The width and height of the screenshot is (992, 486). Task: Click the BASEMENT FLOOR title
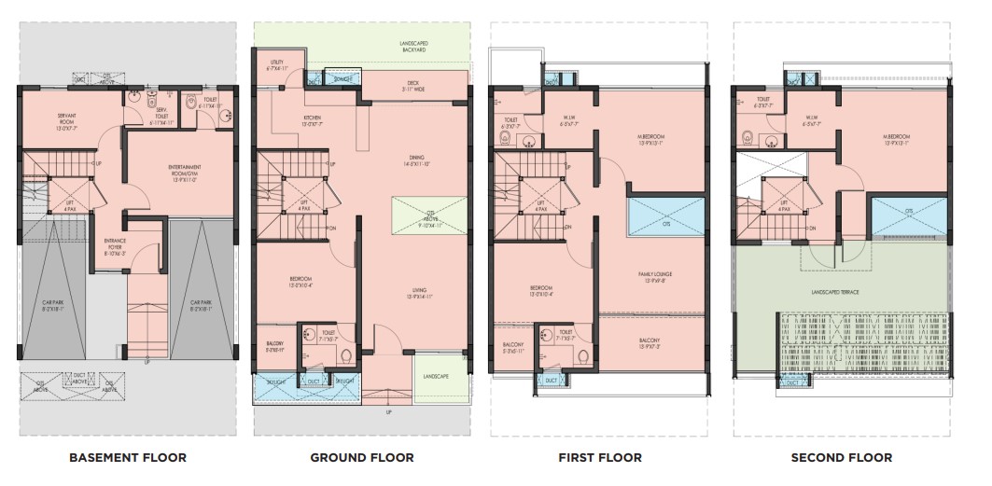click(128, 457)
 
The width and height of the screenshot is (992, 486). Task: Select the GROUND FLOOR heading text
click(362, 457)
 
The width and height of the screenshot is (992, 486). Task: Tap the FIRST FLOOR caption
click(599, 457)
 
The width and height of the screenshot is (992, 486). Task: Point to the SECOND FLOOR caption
click(841, 457)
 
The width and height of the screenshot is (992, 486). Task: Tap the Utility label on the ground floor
click(276, 65)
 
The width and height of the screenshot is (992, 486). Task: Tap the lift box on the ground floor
click(304, 204)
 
